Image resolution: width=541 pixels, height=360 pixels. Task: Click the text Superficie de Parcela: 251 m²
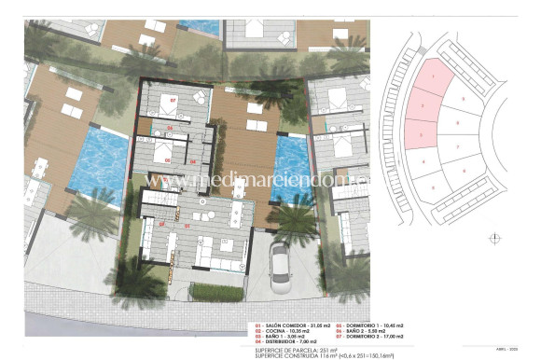coord(298,350)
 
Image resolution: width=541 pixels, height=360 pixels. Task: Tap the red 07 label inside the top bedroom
coord(173,98)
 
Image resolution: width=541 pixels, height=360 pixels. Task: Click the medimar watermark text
coord(270,177)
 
